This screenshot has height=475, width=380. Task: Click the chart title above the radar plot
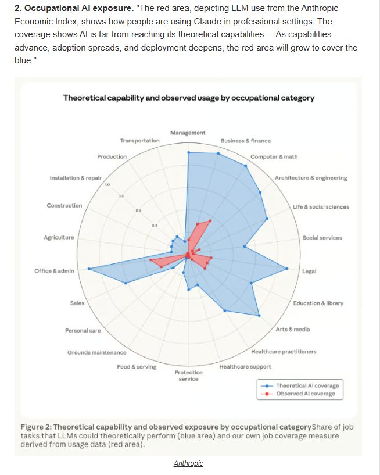(x=189, y=98)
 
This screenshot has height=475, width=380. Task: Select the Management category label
(x=188, y=133)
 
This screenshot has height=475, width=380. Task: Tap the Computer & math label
(x=274, y=157)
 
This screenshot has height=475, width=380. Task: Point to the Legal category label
(x=309, y=271)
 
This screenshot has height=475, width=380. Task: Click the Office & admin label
(x=54, y=271)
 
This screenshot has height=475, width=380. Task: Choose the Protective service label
(x=188, y=376)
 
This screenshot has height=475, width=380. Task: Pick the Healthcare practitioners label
(x=284, y=352)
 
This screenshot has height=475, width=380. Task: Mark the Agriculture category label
(x=59, y=237)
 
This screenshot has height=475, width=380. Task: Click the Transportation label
(x=139, y=141)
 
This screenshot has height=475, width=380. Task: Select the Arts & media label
(x=293, y=330)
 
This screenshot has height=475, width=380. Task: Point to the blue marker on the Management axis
(x=188, y=153)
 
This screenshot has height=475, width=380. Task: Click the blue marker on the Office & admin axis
(x=89, y=269)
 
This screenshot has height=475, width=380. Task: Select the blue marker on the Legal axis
(x=287, y=269)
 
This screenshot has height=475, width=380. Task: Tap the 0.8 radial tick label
(x=121, y=197)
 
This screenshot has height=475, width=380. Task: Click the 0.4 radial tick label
(x=154, y=225)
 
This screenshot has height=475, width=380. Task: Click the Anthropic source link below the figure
(x=188, y=463)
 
